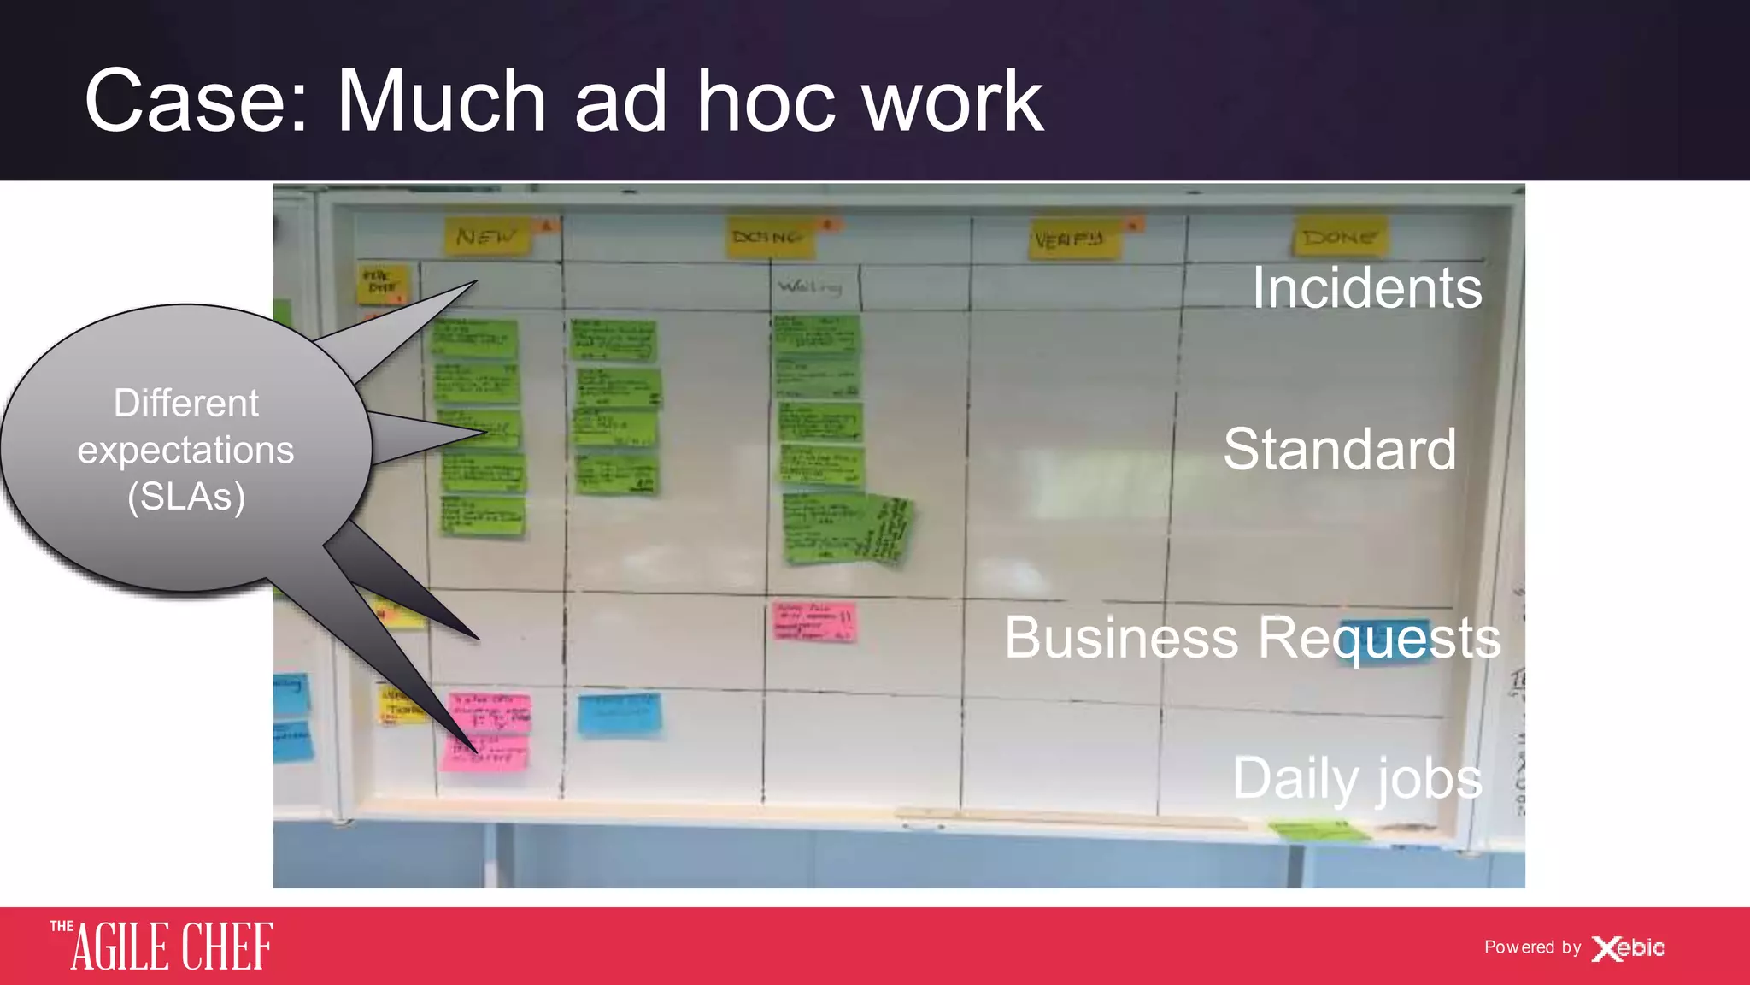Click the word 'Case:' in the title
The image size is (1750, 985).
click(x=196, y=102)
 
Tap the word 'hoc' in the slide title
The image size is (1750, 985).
click(x=765, y=102)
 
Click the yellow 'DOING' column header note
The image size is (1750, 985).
click(x=769, y=237)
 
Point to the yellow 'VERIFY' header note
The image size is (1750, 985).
click(x=1072, y=239)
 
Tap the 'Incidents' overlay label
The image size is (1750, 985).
click(x=1367, y=287)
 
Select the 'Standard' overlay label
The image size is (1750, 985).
click(x=1339, y=449)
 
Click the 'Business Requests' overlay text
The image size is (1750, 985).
click(x=1252, y=638)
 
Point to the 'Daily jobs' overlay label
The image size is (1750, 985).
click(x=1357, y=779)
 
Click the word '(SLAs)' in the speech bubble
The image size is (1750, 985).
click(x=186, y=497)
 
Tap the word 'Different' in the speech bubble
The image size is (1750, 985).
click(x=186, y=403)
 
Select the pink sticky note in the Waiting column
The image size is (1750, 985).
click(x=813, y=622)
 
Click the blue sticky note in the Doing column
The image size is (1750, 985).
click(x=620, y=715)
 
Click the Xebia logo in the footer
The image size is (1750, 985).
click(x=1628, y=948)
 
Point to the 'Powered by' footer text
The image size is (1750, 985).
click(x=1532, y=947)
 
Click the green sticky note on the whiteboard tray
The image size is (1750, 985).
click(x=1316, y=829)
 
